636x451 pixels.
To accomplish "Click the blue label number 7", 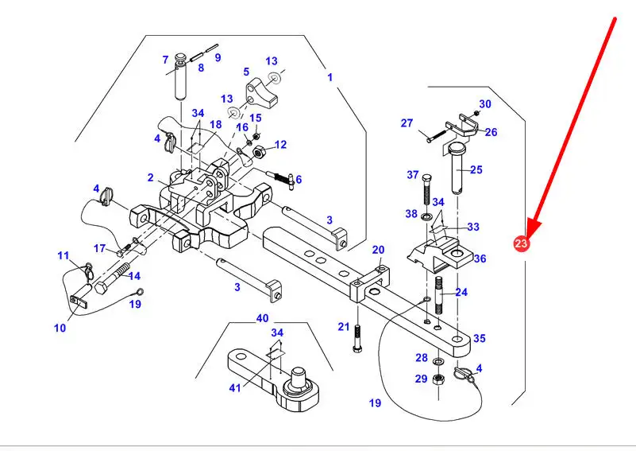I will coord(165,60).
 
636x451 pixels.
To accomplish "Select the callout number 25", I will coord(476,169).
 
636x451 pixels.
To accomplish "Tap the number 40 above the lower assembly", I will coord(262,318).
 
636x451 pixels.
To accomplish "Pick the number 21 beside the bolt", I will coord(343,326).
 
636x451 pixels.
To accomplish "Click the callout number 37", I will coord(412,175).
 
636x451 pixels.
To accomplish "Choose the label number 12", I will coord(280,145).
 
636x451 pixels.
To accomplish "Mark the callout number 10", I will coord(60,328).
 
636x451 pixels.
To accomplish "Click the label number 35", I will coord(480,338).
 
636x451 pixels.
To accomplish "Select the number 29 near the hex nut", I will coord(421,379).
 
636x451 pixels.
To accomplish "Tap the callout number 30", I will coord(485,104).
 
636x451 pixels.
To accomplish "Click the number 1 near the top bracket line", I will coord(330,77).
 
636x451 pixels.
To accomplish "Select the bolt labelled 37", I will coord(429,191).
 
